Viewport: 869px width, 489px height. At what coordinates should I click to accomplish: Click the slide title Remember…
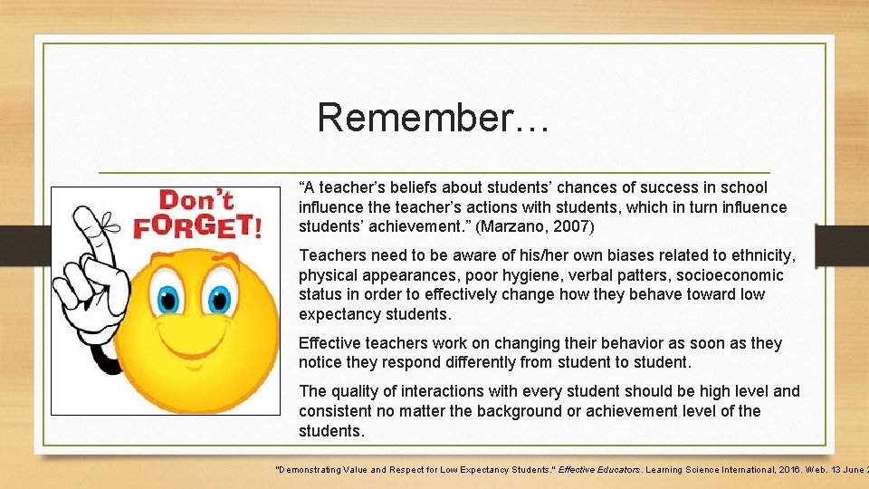(433, 118)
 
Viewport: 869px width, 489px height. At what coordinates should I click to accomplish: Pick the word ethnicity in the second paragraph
(761, 255)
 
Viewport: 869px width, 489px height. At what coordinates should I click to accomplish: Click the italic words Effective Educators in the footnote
(598, 470)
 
